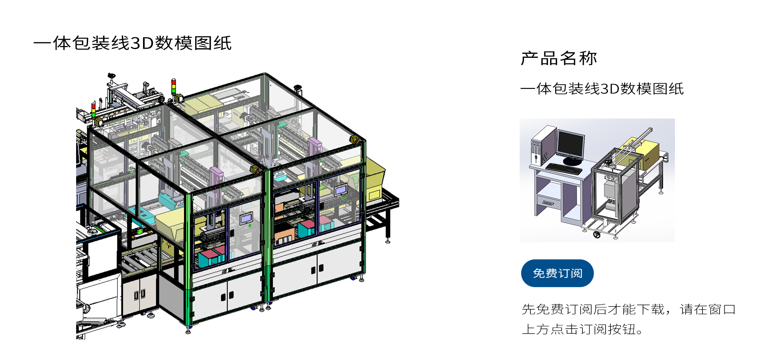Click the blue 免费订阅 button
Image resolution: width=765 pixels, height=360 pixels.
557,273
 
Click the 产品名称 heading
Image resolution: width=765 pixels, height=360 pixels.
559,58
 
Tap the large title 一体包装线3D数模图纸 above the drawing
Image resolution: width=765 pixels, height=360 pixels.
133,43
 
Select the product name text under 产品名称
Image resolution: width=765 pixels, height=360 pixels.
602,89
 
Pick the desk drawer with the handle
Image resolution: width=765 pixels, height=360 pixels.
548,203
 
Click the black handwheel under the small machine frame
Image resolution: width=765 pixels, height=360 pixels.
597,235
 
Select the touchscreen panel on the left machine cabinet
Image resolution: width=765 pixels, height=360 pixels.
246,218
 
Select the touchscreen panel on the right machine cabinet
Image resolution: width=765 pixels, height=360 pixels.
341,189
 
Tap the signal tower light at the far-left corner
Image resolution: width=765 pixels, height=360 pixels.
94,110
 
